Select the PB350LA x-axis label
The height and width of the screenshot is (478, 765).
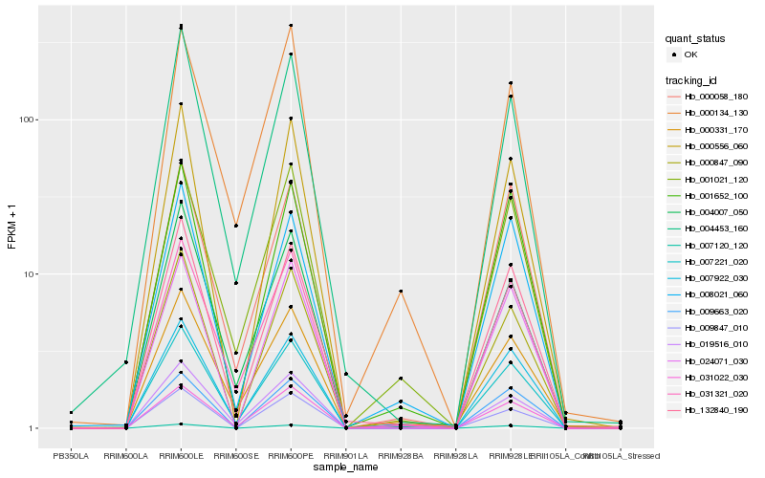(71, 456)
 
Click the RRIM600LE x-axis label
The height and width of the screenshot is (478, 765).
(182, 456)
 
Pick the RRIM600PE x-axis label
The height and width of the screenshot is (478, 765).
(291, 456)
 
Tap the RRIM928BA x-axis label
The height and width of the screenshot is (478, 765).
(401, 456)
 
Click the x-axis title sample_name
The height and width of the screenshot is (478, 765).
(345, 468)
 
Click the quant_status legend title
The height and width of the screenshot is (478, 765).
(696, 38)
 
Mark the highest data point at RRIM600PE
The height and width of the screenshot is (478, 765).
(291, 26)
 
